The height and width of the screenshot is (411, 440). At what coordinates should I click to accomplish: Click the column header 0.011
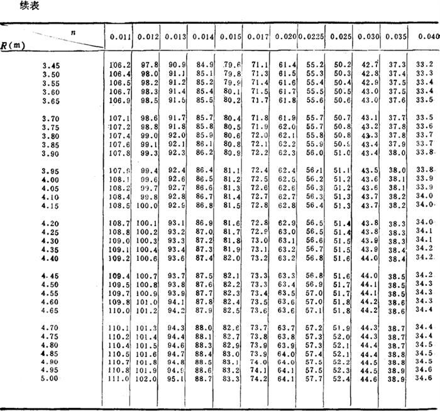[x=120, y=37]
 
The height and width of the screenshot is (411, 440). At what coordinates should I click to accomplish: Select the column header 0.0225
[x=311, y=37]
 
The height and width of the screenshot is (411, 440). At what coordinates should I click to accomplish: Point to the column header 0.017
[x=260, y=37]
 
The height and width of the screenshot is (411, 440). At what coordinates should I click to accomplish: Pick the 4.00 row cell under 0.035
[x=396, y=179]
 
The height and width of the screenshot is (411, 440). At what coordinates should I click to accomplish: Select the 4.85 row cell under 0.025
[x=341, y=354]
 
